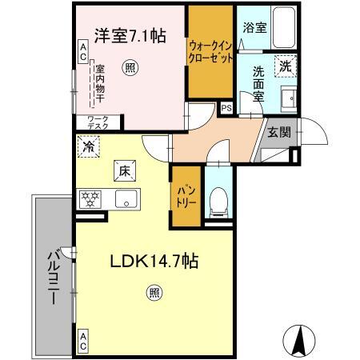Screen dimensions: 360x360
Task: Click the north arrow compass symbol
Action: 299,341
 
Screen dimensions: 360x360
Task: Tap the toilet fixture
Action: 218,202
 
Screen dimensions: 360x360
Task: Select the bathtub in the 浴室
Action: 284,27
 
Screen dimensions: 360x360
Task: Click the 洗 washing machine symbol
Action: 286,66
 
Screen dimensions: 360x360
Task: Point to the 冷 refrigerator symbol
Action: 89,146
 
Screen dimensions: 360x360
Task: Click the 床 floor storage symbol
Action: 125,171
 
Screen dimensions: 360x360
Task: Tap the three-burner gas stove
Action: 90,199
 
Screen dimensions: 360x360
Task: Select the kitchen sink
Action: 126,198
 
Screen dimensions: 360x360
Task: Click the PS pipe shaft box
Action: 226,109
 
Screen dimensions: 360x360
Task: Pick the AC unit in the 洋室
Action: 83,52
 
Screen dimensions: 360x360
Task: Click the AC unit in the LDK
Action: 83,342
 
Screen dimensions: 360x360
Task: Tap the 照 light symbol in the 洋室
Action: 130,68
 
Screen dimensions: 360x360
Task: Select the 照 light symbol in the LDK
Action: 154,293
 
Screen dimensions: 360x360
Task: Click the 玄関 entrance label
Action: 279,132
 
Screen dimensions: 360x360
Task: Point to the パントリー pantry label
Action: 186,197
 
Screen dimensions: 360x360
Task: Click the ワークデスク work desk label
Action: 98,122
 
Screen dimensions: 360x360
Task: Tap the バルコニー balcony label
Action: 54,278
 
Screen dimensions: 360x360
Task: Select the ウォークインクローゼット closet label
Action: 210,52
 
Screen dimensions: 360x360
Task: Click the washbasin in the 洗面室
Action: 289,99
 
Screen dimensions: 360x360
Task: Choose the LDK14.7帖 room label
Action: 154,261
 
